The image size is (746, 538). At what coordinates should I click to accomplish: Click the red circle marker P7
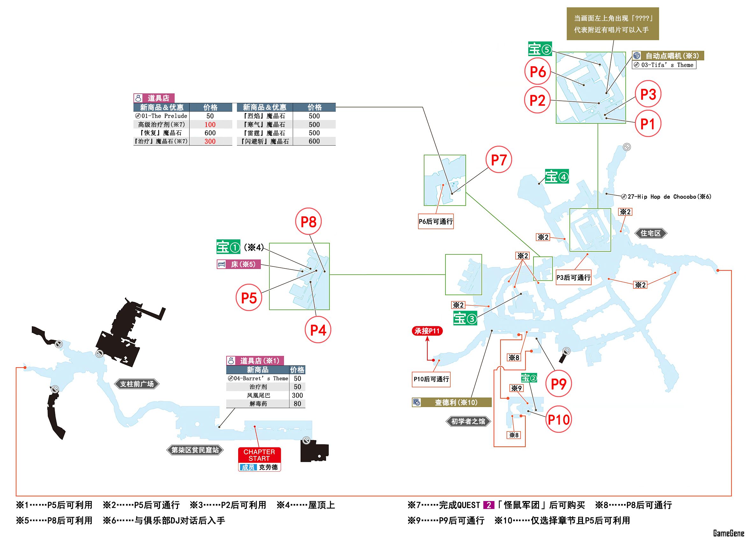(x=499, y=160)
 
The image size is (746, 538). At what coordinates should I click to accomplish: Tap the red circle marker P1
(x=647, y=124)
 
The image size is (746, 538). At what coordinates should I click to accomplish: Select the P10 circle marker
(x=558, y=420)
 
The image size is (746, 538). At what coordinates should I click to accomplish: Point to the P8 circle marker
(x=308, y=222)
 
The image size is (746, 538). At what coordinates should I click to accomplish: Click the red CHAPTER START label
(x=259, y=455)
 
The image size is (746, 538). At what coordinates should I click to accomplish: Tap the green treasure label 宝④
(x=557, y=177)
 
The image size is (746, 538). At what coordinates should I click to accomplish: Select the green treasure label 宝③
(x=465, y=318)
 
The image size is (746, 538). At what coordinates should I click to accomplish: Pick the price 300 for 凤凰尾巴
(x=297, y=395)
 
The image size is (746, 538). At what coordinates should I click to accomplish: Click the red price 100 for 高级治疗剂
(x=210, y=124)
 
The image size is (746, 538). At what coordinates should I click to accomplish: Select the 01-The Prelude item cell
(x=161, y=116)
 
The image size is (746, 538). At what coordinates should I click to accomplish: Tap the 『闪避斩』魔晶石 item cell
(x=265, y=141)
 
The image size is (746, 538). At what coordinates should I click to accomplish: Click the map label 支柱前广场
(x=137, y=384)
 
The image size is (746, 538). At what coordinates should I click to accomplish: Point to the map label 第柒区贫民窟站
(x=195, y=450)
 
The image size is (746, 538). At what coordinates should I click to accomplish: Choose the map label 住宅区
(x=650, y=233)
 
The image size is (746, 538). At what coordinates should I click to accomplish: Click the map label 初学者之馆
(x=468, y=421)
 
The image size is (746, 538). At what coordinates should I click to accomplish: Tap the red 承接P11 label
(x=427, y=331)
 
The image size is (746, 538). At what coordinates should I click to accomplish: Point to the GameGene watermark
(x=728, y=533)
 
